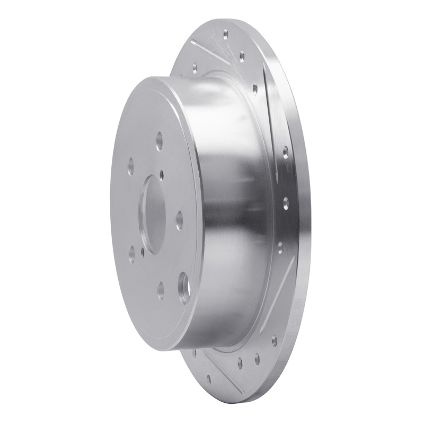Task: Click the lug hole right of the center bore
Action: pos(179,220)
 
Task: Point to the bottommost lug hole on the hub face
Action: pos(161,290)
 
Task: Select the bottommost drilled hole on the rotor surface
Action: pos(209,378)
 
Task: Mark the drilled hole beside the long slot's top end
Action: pos(255,89)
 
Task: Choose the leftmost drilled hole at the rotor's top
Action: pos(195,68)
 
